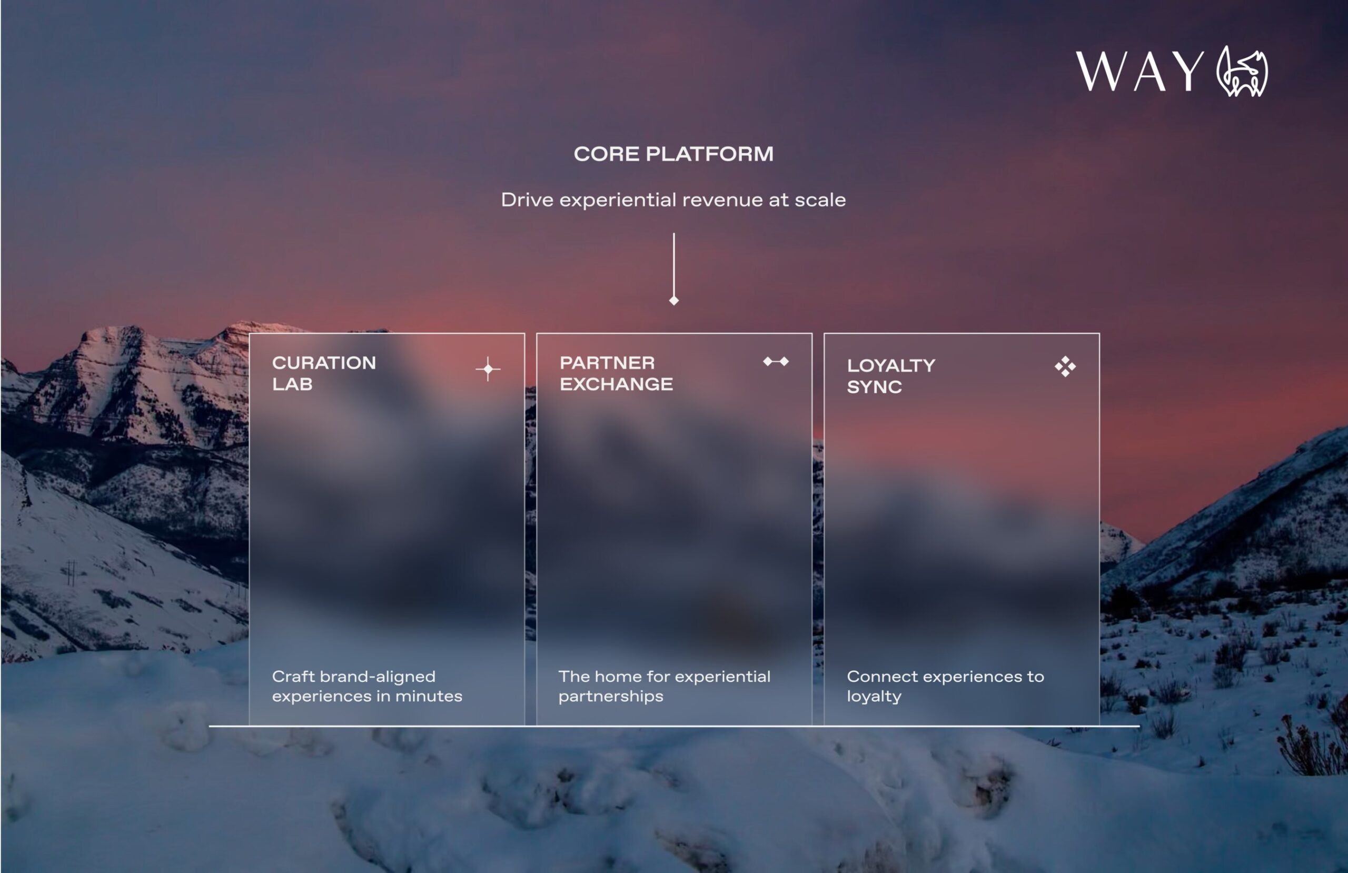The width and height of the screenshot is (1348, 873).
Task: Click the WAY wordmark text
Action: coord(1139,72)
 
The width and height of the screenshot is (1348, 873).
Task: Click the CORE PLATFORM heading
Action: coord(673,154)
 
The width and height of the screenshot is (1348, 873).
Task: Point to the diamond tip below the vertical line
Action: coord(674,301)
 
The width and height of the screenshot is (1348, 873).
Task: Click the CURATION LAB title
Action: coord(323,373)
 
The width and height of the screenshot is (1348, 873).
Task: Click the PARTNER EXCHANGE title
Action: coord(616,373)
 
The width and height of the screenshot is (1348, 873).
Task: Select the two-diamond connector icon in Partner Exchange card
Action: coord(776,361)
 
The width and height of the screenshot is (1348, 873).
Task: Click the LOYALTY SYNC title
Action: coord(890,376)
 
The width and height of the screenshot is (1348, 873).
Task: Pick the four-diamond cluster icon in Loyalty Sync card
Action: coord(1065,366)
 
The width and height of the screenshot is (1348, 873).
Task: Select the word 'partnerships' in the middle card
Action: coord(611,696)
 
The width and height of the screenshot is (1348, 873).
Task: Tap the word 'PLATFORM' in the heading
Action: coord(709,154)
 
